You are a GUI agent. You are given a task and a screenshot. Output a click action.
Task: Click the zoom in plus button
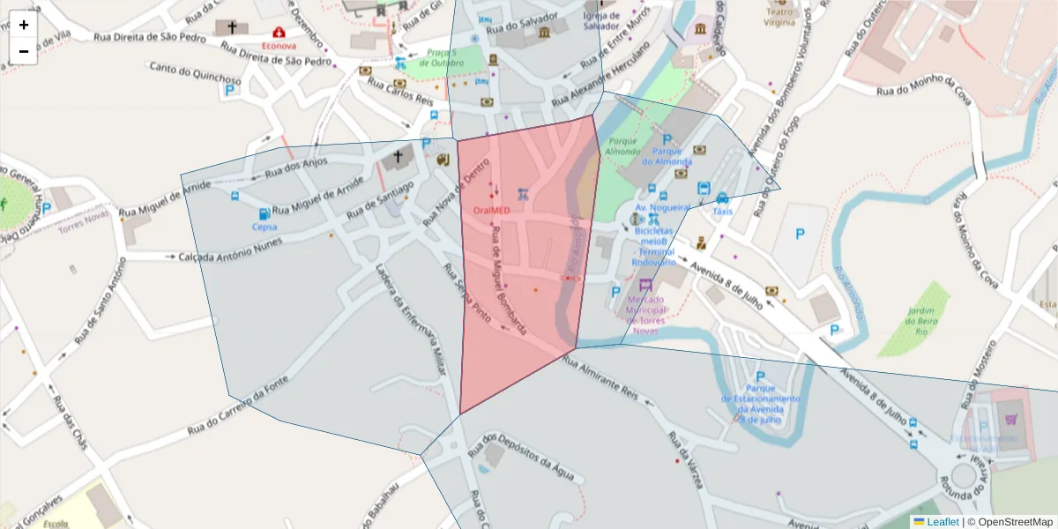(x=24, y=25)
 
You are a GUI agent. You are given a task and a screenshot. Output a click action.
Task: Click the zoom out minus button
(x=24, y=51)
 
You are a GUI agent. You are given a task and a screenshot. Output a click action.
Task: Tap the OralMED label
(x=491, y=211)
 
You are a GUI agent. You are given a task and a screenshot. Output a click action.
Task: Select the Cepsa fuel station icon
(x=264, y=214)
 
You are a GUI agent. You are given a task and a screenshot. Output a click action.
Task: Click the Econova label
(x=279, y=45)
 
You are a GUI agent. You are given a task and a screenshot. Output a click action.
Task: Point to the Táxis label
(x=722, y=212)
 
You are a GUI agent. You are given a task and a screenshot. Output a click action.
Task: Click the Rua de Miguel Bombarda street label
(x=508, y=280)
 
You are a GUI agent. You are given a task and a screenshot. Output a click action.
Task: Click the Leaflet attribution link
(x=943, y=522)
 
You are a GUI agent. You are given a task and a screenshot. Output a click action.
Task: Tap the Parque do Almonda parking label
(x=667, y=156)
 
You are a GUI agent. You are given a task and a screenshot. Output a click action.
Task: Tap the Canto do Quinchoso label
(x=194, y=74)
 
